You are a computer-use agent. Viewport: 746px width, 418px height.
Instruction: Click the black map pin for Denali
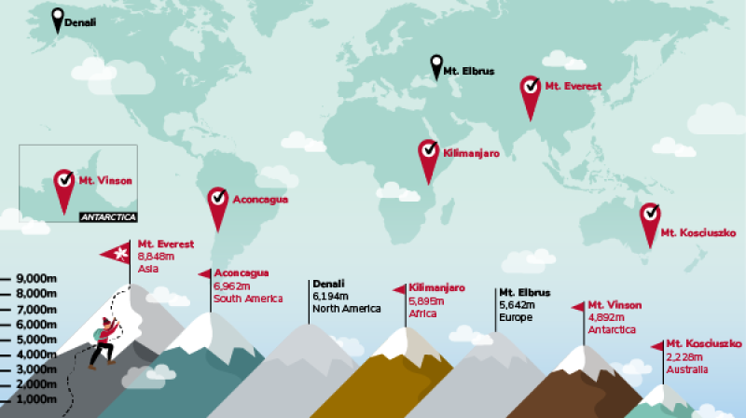[58, 18]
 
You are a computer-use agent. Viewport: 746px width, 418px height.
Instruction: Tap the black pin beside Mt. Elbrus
[436, 65]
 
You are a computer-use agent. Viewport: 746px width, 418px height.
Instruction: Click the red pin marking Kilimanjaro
[428, 157]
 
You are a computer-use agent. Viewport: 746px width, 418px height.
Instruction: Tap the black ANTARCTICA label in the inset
[108, 216]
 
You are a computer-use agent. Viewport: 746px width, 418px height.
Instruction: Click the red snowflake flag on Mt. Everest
[117, 253]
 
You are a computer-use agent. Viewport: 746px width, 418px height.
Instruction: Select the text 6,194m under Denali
[329, 296]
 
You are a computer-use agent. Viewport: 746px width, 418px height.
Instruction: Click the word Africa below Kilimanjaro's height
[423, 313]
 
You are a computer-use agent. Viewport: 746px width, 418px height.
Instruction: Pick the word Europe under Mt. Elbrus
[517, 317]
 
